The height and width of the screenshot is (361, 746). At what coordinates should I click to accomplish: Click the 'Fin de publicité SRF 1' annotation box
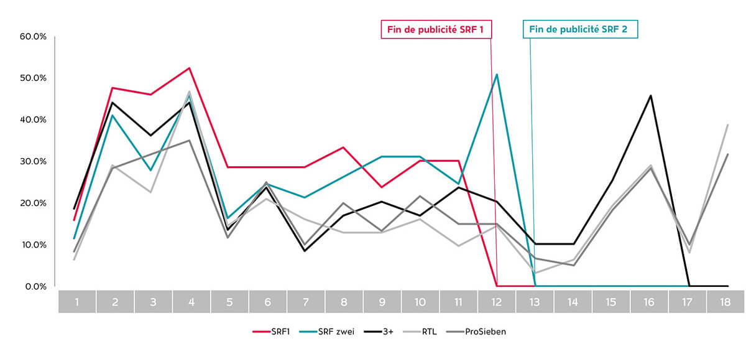click(x=436, y=29)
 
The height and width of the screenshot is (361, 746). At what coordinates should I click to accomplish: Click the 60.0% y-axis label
click(x=34, y=36)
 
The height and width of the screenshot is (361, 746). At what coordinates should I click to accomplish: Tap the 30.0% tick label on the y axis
click(x=34, y=161)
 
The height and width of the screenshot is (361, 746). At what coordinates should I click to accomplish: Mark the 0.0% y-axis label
click(x=35, y=286)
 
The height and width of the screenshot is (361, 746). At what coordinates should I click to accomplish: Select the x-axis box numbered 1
click(x=77, y=302)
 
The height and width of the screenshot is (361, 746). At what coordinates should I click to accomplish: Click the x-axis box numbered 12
click(x=497, y=302)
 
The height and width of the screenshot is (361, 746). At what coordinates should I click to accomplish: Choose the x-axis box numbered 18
click(x=725, y=302)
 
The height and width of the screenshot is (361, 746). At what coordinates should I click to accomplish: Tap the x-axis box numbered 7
click(x=306, y=302)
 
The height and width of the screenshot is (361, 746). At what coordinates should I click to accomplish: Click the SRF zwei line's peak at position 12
click(x=497, y=74)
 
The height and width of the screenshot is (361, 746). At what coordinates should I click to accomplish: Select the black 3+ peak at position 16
click(x=650, y=95)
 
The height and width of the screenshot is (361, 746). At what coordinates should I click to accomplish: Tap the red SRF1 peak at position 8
click(x=344, y=148)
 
